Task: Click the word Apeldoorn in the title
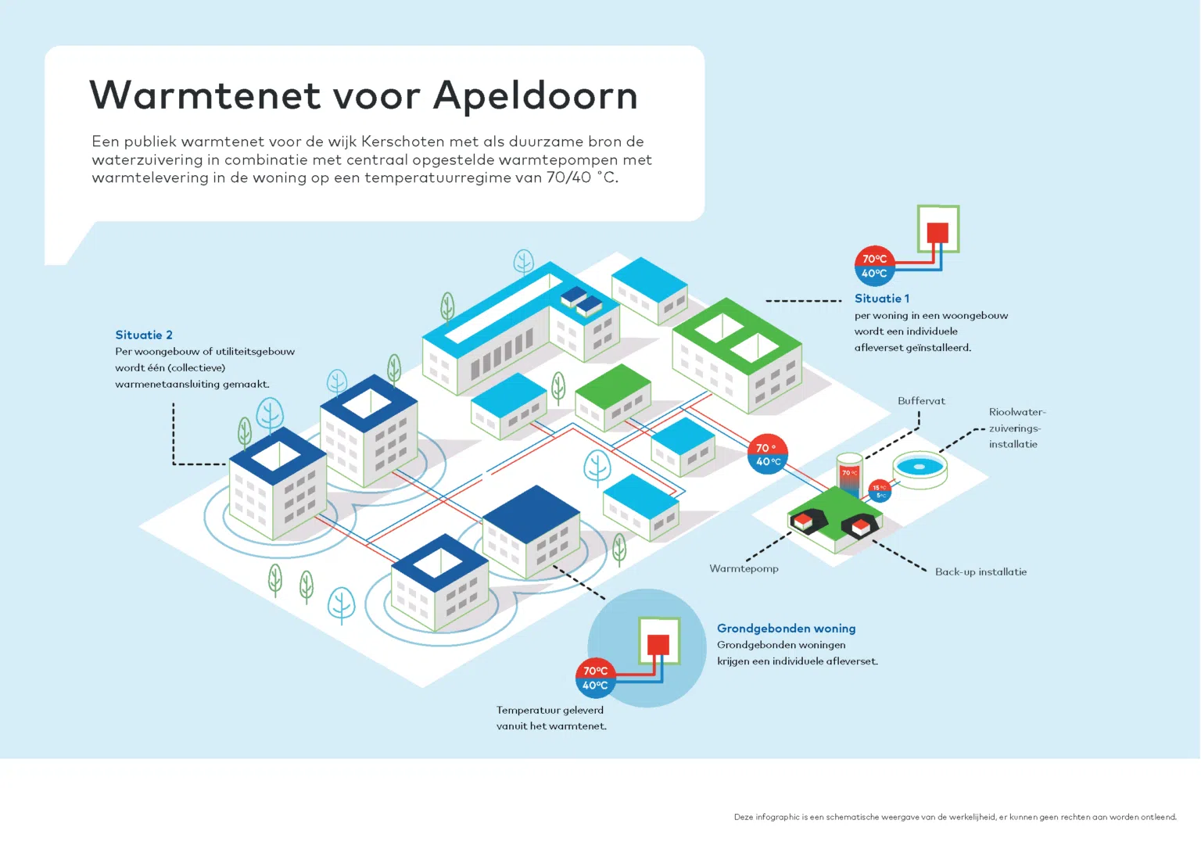[x=536, y=95]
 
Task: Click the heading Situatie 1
[x=881, y=299]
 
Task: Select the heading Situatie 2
[x=144, y=335]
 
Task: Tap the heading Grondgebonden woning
[x=786, y=629]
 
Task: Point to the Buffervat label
[x=921, y=401]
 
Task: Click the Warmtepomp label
[x=744, y=568]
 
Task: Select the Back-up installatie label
[x=981, y=572]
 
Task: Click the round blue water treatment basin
[x=920, y=469]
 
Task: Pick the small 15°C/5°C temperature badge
[x=880, y=491]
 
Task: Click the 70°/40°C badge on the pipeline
[x=768, y=454]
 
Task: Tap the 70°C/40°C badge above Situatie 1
[x=874, y=266]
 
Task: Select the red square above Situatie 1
[x=937, y=233]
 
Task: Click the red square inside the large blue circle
[x=658, y=645]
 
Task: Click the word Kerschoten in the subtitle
[x=403, y=141]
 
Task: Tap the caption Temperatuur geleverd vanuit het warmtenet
[x=551, y=718]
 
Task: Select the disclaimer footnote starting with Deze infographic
[x=955, y=817]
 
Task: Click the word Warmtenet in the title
[x=206, y=95]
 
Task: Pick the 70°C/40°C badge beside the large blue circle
[x=595, y=678]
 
